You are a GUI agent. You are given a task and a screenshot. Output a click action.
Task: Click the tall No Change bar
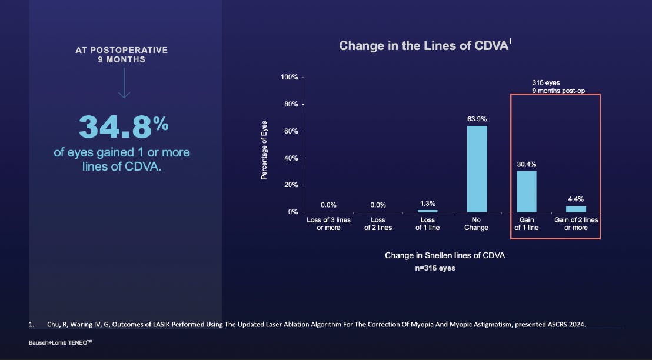click(477, 169)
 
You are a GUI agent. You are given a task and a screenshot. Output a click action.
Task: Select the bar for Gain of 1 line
click(527, 191)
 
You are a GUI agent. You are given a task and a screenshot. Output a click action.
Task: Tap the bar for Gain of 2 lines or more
click(576, 209)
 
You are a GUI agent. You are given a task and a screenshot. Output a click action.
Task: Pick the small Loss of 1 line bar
click(427, 211)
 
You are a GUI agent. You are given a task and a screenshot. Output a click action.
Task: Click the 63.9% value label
click(477, 119)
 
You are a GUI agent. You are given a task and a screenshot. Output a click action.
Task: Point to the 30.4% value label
click(527, 165)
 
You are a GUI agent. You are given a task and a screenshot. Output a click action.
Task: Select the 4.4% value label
click(576, 199)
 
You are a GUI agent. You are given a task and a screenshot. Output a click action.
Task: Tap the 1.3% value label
click(427, 204)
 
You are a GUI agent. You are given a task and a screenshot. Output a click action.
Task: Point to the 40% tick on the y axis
click(291, 158)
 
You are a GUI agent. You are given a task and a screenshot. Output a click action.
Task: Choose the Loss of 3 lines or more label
click(328, 224)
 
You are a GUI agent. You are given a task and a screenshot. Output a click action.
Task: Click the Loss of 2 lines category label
click(378, 224)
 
